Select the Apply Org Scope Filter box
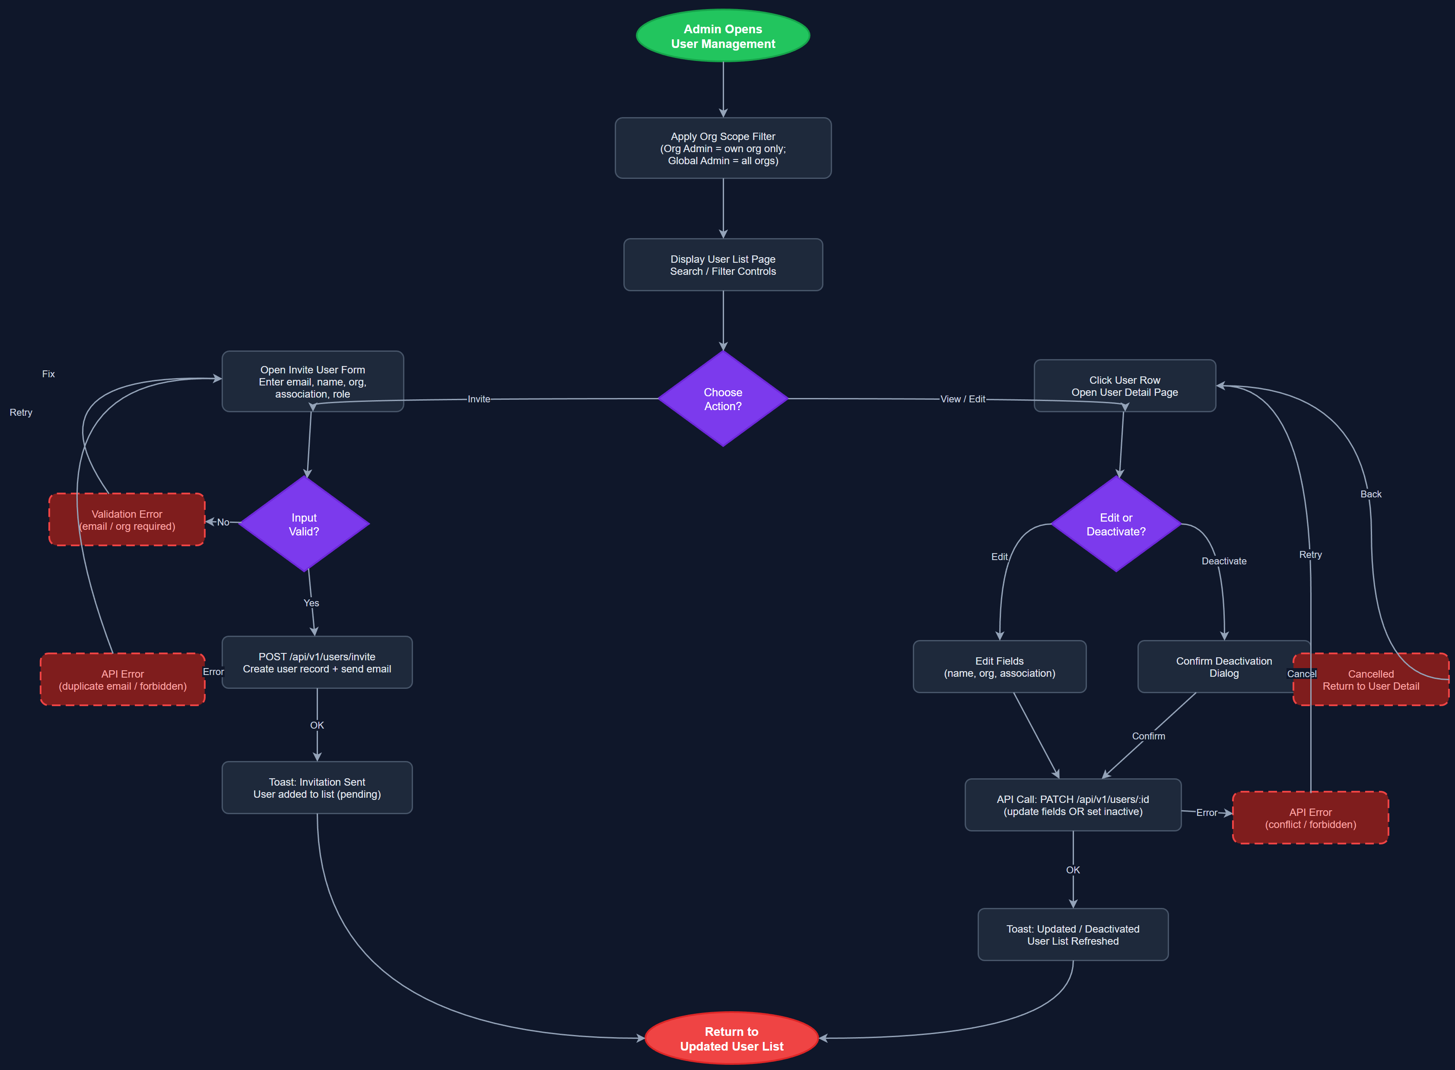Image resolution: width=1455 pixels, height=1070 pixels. (x=723, y=148)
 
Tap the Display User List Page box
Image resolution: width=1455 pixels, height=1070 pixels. (x=723, y=265)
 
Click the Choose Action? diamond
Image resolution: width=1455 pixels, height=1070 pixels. (x=723, y=399)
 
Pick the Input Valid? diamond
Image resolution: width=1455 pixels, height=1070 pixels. (x=304, y=524)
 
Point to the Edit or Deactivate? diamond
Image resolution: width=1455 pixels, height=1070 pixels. (x=1116, y=524)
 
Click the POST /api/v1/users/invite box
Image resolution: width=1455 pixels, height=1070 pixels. (x=317, y=662)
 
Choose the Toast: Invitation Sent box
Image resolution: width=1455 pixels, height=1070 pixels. (x=317, y=788)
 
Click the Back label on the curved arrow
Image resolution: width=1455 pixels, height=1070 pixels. (x=1370, y=494)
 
